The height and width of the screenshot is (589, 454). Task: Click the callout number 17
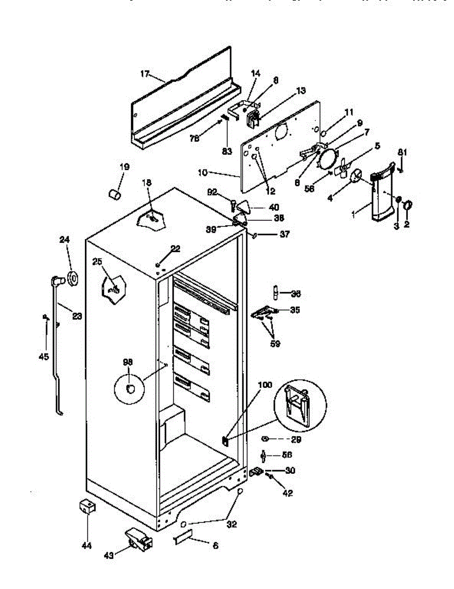pos(144,74)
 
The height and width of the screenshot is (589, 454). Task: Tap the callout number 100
pos(265,385)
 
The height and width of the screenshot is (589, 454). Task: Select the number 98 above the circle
pos(128,362)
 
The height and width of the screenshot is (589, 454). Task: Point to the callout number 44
pos(87,545)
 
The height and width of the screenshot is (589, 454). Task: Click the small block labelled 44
pos(87,507)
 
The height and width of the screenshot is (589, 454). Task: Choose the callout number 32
pos(232,524)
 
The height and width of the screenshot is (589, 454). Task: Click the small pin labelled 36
pos(276,294)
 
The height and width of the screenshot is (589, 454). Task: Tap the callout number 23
pos(77,317)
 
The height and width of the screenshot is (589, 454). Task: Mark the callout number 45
pos(44,357)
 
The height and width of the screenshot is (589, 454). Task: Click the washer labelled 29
pos(265,438)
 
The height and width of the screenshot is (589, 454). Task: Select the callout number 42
pos(288,493)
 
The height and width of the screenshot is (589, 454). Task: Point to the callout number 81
pos(402,152)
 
